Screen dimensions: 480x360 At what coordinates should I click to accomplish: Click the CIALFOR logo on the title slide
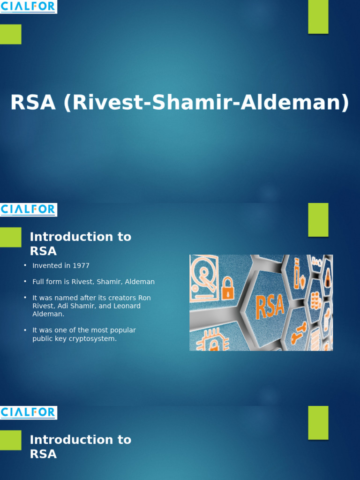pos(28,7)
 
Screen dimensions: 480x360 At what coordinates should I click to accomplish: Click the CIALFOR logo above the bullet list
pos(28,210)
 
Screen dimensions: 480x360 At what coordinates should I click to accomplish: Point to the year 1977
pos(81,266)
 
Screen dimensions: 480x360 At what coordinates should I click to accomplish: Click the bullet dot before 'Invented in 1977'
pos(25,266)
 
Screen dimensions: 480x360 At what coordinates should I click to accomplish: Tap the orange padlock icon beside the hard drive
pos(227,288)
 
